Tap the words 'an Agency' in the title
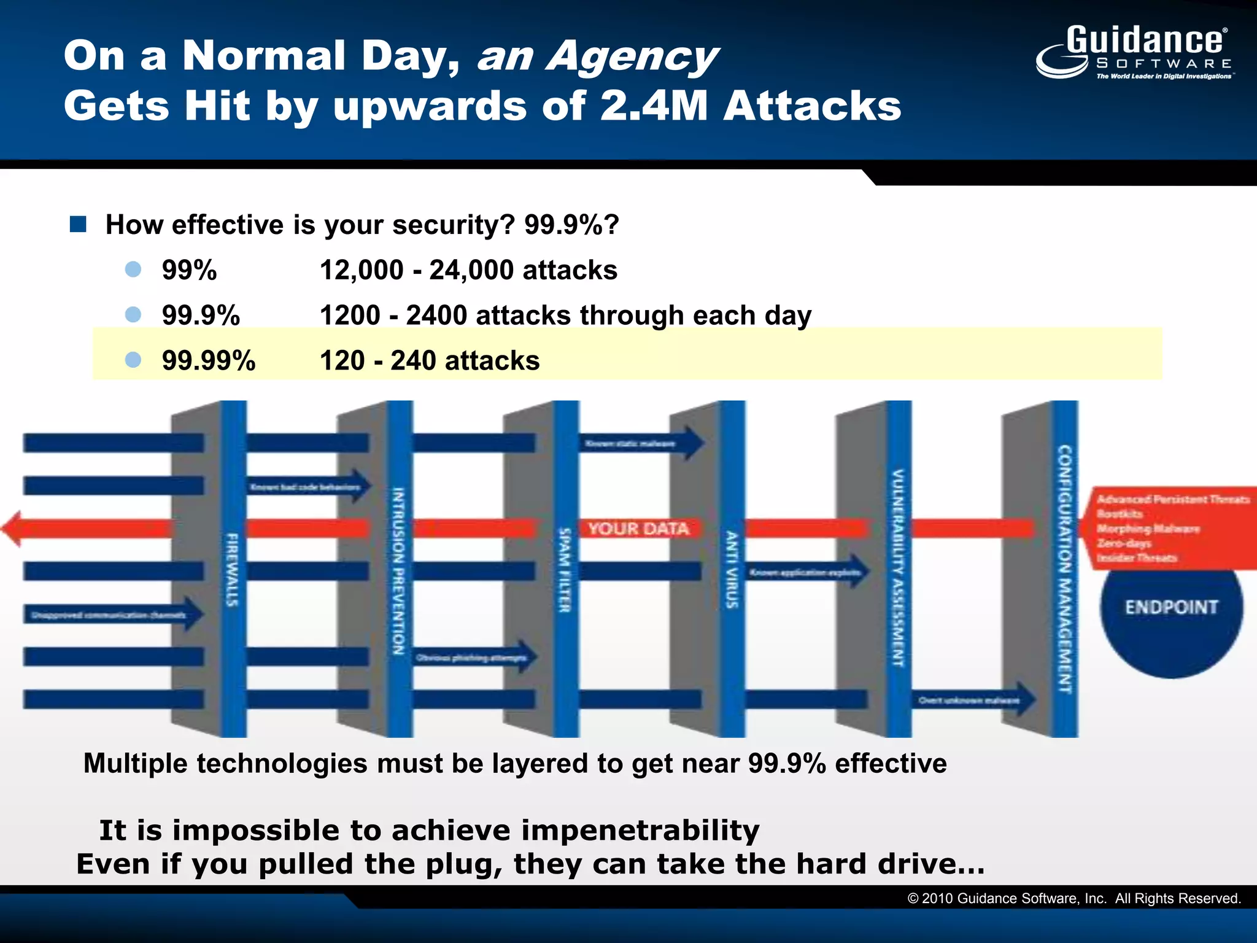tap(597, 56)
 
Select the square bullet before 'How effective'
tap(78, 225)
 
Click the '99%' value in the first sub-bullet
tap(189, 270)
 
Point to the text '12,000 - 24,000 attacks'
tap(468, 270)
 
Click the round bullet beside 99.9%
tap(133, 315)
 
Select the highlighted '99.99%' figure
tap(209, 360)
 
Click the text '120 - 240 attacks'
tap(430, 360)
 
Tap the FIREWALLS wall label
tap(232, 570)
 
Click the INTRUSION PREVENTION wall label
tap(398, 571)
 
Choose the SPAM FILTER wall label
tap(565, 570)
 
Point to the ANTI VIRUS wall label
tap(731, 570)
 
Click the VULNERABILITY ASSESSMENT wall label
tap(897, 569)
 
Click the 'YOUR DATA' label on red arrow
tap(638, 529)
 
